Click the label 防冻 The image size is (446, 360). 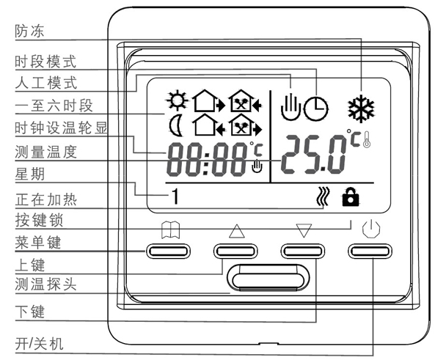29,31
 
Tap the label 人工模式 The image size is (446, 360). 45,81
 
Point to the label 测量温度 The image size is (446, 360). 45,153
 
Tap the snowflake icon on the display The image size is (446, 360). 360,107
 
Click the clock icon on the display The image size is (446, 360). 316,109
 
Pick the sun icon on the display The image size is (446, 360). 176,99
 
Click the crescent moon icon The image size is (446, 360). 175,125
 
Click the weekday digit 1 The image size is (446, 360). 175,196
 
